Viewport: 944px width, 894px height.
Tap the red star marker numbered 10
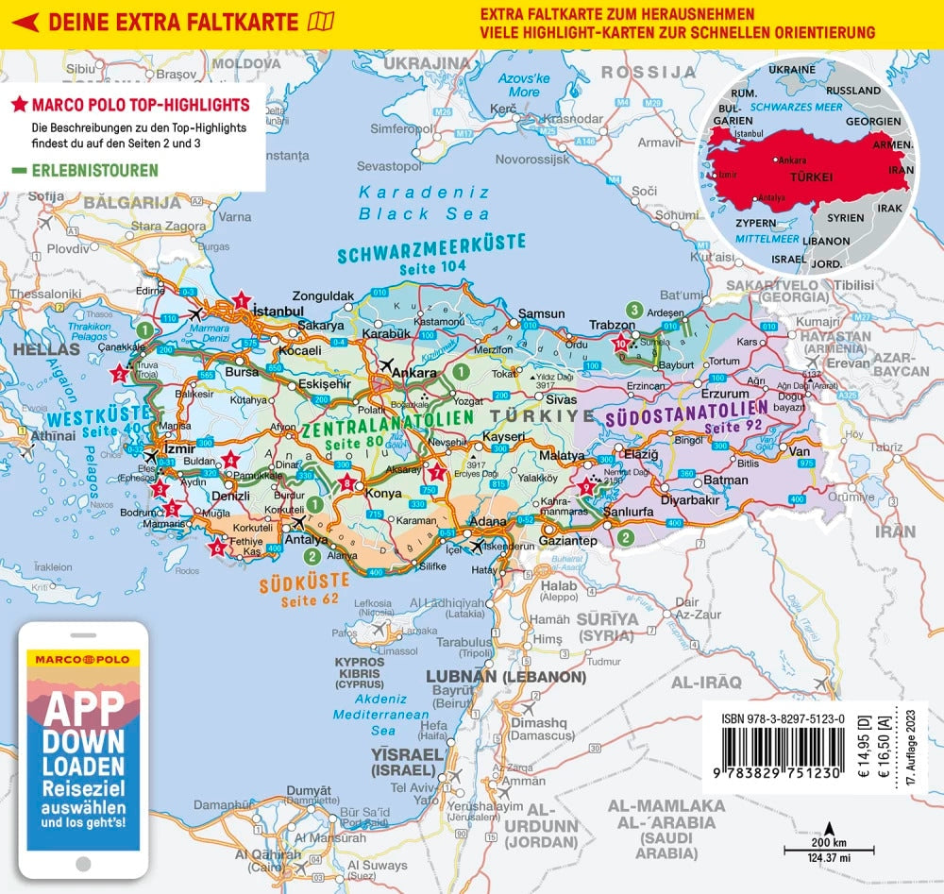pos(620,344)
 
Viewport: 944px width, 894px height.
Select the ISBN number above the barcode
pos(783,718)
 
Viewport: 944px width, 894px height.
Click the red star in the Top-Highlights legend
pos(18,105)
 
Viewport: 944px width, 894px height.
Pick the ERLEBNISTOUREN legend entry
pos(86,171)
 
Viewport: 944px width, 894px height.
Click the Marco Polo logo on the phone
pos(80,657)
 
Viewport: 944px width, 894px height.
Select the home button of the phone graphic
pos(81,865)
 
